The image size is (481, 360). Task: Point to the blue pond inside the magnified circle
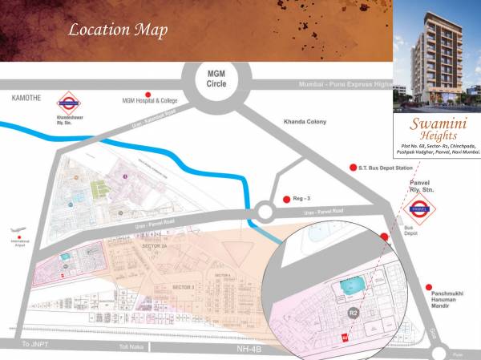point(350,285)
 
